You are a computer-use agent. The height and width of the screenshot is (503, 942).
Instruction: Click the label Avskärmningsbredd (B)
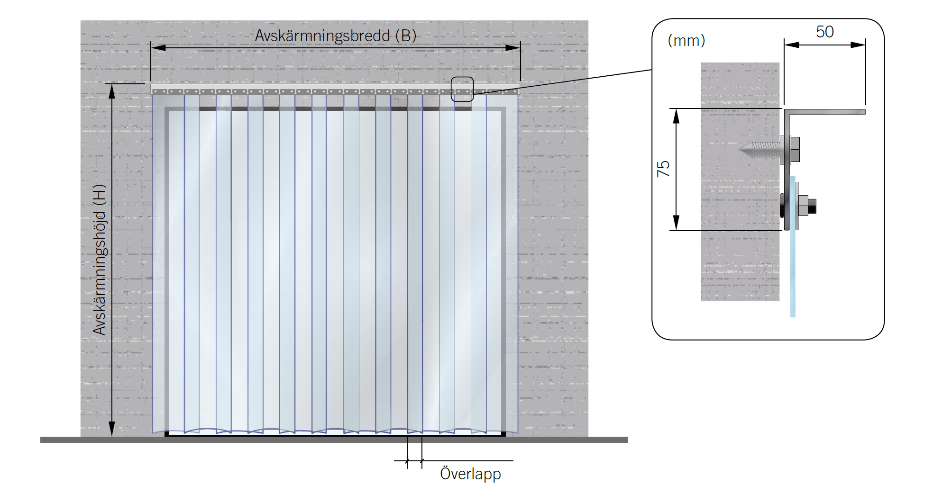pos(335,36)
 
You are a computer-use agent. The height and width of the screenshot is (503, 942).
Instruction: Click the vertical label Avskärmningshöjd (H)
pos(100,260)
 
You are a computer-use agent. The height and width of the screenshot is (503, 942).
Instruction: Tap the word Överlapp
pos(470,474)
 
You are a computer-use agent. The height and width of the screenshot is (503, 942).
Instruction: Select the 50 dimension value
pos(824,32)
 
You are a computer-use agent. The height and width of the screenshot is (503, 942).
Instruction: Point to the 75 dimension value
pos(663,169)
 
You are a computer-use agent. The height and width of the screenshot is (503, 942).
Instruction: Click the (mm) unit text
pos(686,41)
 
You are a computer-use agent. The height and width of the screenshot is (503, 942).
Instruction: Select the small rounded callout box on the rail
pos(462,89)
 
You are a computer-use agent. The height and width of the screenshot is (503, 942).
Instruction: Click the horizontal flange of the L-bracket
pos(830,112)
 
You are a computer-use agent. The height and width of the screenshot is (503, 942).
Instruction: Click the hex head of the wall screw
pos(795,149)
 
